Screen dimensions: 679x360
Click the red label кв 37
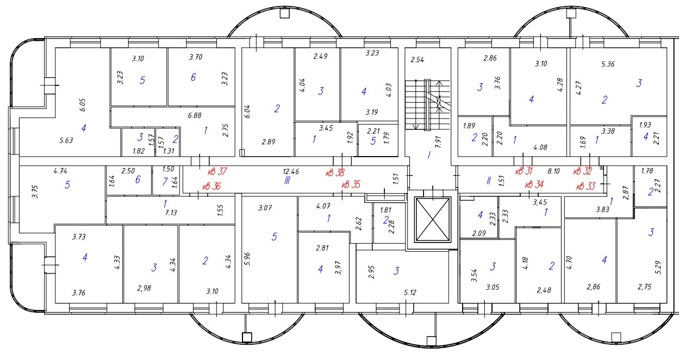216,172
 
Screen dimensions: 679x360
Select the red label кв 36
211,187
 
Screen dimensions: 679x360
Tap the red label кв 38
335,173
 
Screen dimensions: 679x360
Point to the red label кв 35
351,185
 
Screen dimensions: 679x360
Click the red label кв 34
534,185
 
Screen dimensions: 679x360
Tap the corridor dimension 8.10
553,171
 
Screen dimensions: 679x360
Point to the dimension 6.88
195,115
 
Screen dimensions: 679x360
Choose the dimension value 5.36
608,64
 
